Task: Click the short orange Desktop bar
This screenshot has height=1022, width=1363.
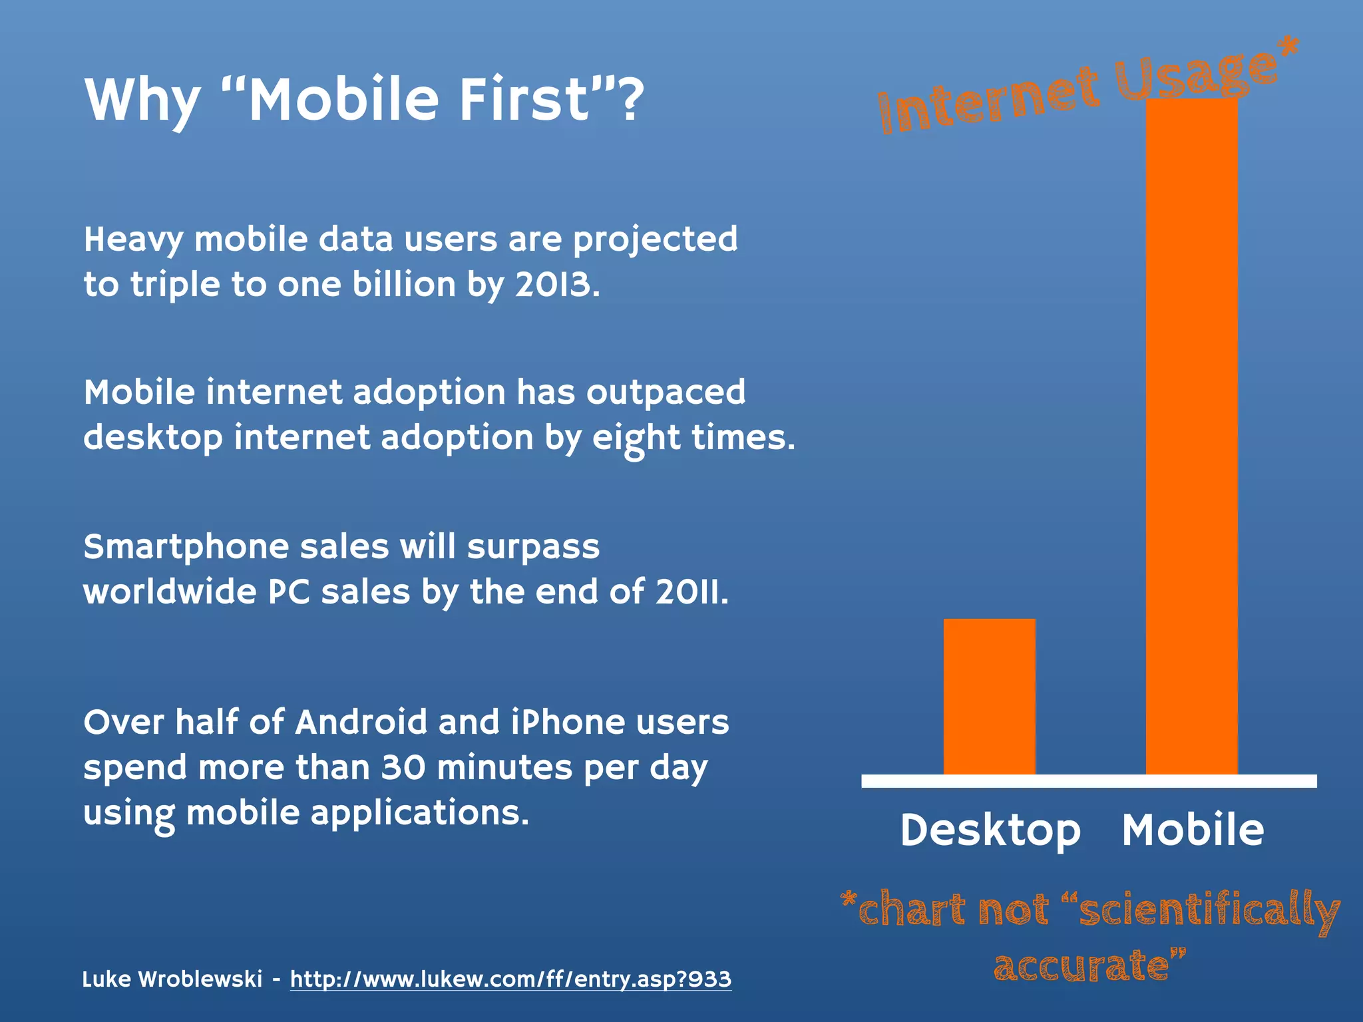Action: pos(989,697)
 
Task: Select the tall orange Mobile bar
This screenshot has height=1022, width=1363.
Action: pos(1191,436)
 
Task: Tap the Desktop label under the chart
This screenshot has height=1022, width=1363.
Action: pos(990,830)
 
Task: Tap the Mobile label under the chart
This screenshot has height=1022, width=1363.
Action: pos(1193,830)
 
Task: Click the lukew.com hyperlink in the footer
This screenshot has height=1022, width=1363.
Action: pos(510,979)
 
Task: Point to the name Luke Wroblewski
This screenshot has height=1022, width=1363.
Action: pos(172,979)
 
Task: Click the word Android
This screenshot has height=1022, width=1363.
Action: pos(361,722)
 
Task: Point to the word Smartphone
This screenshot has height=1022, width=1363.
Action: pos(186,547)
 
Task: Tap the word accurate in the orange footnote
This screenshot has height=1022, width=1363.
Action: pos(1082,965)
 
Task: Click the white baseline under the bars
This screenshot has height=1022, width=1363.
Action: pos(1089,781)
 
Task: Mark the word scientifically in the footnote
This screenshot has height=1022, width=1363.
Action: pos(1209,911)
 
